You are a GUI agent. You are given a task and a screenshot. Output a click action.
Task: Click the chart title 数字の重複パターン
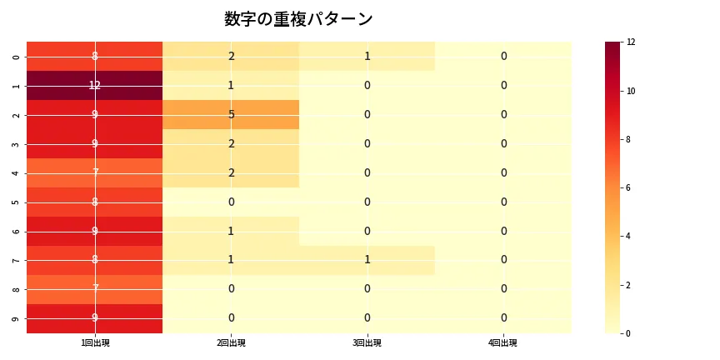pyautogui.click(x=298, y=19)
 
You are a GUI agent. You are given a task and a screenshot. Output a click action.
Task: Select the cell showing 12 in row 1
pyautogui.click(x=95, y=85)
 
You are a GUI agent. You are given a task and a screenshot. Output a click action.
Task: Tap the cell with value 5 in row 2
pyautogui.click(x=231, y=114)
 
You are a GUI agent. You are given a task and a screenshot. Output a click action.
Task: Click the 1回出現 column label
pyautogui.click(x=95, y=342)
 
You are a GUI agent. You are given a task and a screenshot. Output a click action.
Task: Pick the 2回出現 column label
pyautogui.click(x=231, y=342)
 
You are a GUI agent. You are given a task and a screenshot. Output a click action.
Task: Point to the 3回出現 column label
pyautogui.click(x=367, y=342)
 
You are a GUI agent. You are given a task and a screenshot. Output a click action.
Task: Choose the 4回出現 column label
pyautogui.click(x=503, y=342)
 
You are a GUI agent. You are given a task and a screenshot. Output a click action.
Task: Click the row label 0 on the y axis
pyautogui.click(x=17, y=57)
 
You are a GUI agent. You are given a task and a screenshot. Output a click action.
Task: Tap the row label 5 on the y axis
pyautogui.click(x=17, y=202)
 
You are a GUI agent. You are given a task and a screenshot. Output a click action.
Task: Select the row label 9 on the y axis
pyautogui.click(x=17, y=318)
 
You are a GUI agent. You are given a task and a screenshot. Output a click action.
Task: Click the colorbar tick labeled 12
pyautogui.click(x=631, y=42)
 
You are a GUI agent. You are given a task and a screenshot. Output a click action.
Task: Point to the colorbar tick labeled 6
pyautogui.click(x=630, y=187)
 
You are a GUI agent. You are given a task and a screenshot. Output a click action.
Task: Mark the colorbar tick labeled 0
pyautogui.click(x=630, y=333)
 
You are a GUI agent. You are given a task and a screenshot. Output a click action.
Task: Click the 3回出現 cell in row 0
pyautogui.click(x=367, y=56)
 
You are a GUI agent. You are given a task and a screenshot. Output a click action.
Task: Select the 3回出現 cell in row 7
pyautogui.click(x=367, y=260)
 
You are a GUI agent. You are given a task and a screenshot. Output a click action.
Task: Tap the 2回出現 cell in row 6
pyautogui.click(x=231, y=231)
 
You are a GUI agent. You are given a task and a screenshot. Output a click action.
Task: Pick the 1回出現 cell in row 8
pyautogui.click(x=95, y=289)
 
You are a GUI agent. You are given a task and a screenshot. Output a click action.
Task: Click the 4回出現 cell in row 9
pyautogui.click(x=503, y=318)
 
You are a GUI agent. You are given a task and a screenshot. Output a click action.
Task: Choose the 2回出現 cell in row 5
pyautogui.click(x=231, y=202)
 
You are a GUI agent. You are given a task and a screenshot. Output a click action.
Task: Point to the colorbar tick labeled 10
pyautogui.click(x=631, y=91)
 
